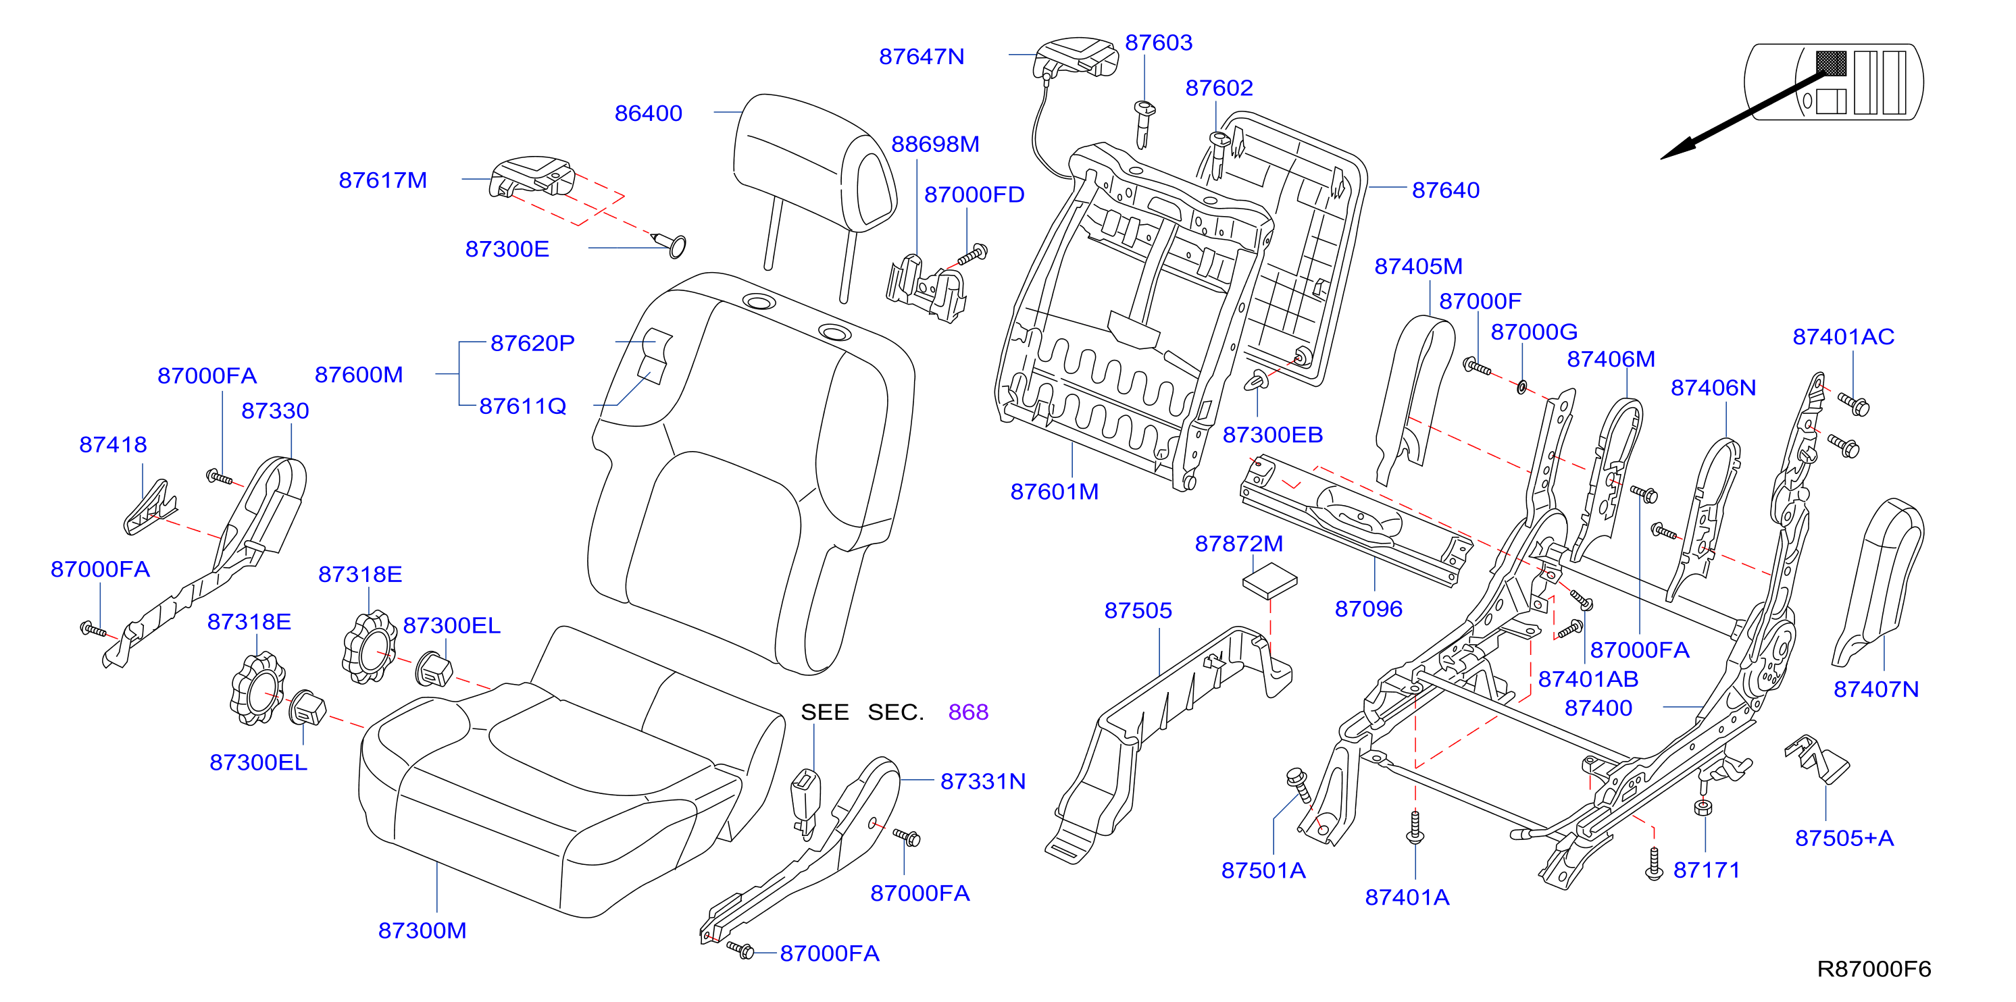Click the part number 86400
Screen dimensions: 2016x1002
(648, 113)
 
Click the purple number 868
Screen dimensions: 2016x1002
(968, 712)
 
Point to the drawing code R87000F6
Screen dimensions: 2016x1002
(1873, 969)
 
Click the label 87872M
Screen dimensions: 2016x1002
(1239, 544)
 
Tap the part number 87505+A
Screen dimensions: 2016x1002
(1844, 838)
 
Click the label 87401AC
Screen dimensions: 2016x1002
(1843, 336)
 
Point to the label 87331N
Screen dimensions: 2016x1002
(983, 781)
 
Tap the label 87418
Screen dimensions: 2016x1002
(113, 444)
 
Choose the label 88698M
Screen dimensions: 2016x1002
(935, 144)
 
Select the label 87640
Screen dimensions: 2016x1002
(1446, 190)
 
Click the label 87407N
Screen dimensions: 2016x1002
(1876, 689)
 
